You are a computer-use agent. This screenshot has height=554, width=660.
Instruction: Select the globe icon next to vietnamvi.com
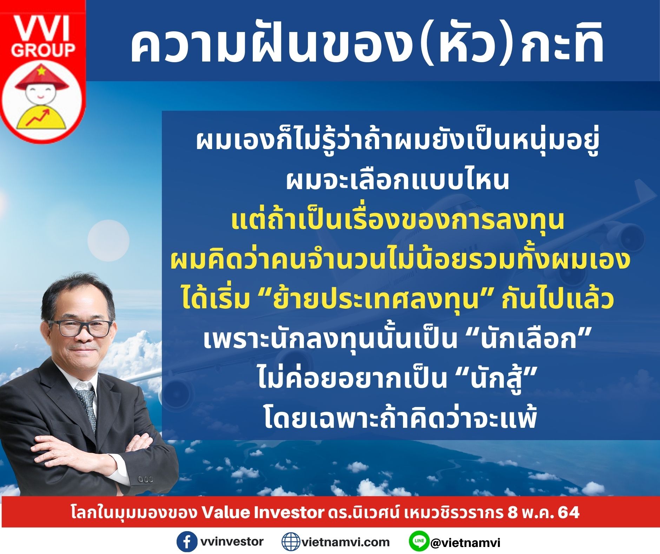[291, 542]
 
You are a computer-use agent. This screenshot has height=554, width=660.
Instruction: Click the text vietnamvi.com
[345, 542]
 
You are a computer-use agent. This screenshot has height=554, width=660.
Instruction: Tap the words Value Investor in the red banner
[262, 512]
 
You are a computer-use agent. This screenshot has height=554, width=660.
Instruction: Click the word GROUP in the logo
[43, 50]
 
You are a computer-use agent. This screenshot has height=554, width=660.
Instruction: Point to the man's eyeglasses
[81, 328]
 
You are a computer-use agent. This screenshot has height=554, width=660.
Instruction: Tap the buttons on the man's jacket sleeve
[146, 479]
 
